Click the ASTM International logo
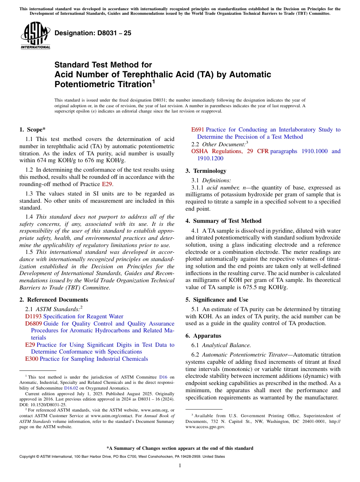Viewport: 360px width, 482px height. [x=35, y=36]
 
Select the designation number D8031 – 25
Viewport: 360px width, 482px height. [x=93, y=33]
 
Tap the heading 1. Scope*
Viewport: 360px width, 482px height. [x=33, y=129]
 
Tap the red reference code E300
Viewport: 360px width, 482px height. [x=31, y=359]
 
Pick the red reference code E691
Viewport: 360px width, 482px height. [x=197, y=130]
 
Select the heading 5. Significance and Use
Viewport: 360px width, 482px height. [x=217, y=300]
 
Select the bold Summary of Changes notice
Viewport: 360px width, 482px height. [x=180, y=448]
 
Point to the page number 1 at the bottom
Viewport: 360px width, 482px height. [x=180, y=466]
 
